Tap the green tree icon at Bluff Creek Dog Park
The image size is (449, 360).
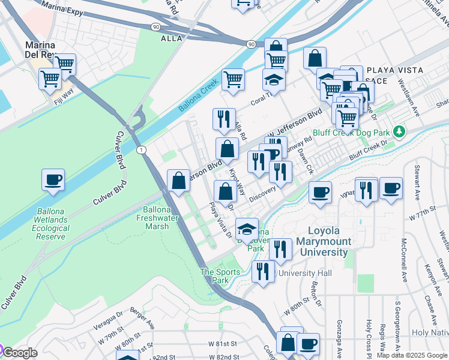pyautogui.click(x=399, y=131)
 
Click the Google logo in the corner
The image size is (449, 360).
pyautogui.click(x=20, y=353)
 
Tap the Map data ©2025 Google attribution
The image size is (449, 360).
pyautogui.click(x=412, y=355)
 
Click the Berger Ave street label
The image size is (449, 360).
pyautogui.click(x=142, y=325)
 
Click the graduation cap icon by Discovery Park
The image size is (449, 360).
pyautogui.click(x=247, y=229)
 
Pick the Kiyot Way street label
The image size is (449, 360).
pyautogui.click(x=237, y=181)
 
